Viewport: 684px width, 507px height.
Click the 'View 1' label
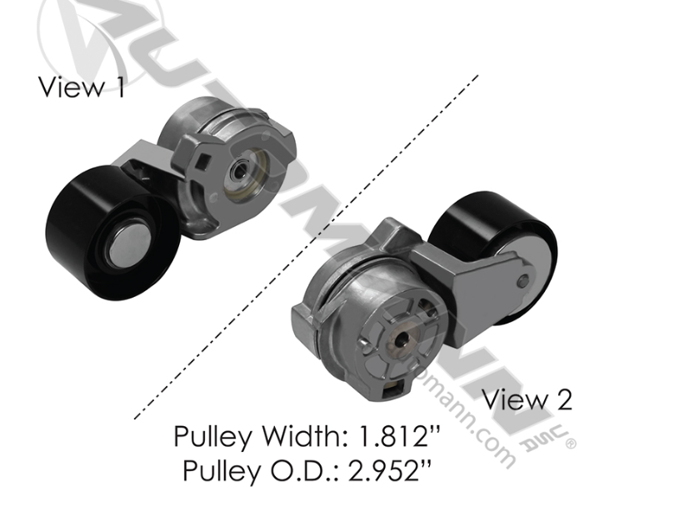82,87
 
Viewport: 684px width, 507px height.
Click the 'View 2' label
527,399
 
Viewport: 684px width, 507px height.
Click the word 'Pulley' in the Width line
210,436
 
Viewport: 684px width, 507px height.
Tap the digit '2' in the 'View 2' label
563,399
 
